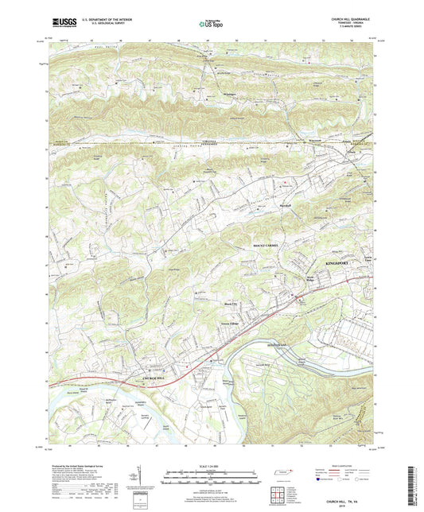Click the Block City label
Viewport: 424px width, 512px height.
coord(228,303)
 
